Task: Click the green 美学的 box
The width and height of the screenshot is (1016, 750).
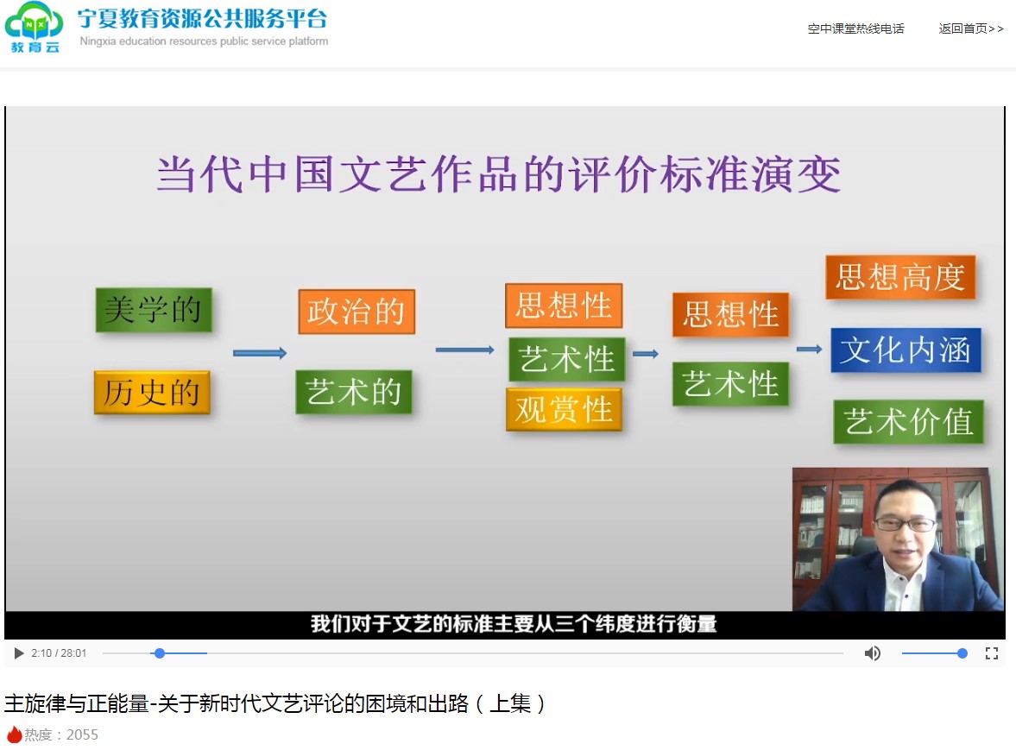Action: pyautogui.click(x=154, y=310)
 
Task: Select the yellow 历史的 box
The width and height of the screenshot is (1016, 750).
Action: pyautogui.click(x=152, y=392)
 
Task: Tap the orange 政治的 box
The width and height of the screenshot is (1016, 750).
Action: pyautogui.click(x=357, y=312)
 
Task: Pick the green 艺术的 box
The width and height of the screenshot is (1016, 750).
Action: pyautogui.click(x=354, y=392)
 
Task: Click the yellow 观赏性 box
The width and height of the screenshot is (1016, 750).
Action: pyautogui.click(x=564, y=409)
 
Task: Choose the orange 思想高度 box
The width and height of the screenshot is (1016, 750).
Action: pyautogui.click(x=900, y=277)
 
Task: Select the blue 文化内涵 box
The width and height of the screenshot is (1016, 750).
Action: pyautogui.click(x=906, y=350)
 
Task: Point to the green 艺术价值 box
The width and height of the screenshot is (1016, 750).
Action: pyautogui.click(x=908, y=422)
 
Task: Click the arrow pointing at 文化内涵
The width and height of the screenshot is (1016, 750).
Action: pyautogui.click(x=810, y=349)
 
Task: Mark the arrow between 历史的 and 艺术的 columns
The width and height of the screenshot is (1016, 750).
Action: pyautogui.click(x=260, y=353)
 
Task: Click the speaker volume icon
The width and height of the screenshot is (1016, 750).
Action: pyautogui.click(x=872, y=653)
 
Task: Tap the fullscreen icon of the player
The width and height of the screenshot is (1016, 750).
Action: pyautogui.click(x=991, y=653)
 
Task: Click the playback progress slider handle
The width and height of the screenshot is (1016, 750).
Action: pyautogui.click(x=160, y=653)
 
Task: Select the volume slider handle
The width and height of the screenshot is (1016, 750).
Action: pyautogui.click(x=962, y=653)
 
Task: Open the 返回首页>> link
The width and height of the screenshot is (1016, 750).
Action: pyautogui.click(x=970, y=28)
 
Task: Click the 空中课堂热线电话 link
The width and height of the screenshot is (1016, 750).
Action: pyautogui.click(x=856, y=28)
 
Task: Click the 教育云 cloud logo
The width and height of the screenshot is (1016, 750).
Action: pyautogui.click(x=35, y=27)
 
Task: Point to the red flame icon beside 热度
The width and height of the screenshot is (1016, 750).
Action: pyautogui.click(x=15, y=734)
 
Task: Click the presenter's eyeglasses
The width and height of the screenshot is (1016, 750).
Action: pyautogui.click(x=906, y=523)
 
